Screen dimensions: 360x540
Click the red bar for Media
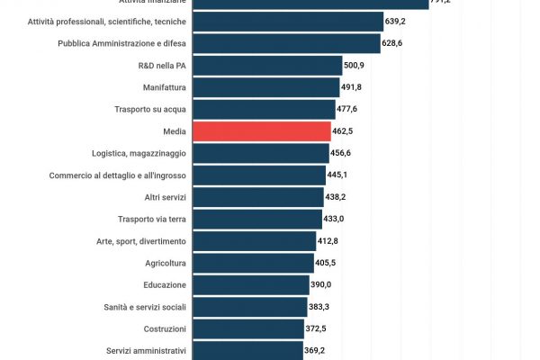click(x=262, y=131)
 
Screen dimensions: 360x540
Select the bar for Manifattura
click(x=266, y=87)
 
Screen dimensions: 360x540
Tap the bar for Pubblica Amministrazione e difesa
click(x=286, y=43)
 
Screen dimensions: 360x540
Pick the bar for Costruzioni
click(x=248, y=329)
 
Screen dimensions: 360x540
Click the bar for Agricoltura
click(x=254, y=263)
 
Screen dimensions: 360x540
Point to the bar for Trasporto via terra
click(x=257, y=219)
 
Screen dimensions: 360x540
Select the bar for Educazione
click(x=251, y=285)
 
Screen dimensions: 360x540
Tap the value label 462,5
click(x=344, y=131)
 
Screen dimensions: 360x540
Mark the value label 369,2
click(x=314, y=351)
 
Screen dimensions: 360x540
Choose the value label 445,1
click(x=337, y=175)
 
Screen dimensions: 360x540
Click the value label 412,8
click(x=328, y=241)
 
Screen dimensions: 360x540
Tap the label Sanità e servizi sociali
click(x=146, y=307)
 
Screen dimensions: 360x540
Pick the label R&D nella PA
click(x=159, y=65)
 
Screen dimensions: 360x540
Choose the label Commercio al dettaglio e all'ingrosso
click(x=118, y=175)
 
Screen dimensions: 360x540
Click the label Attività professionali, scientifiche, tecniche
click(x=107, y=21)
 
